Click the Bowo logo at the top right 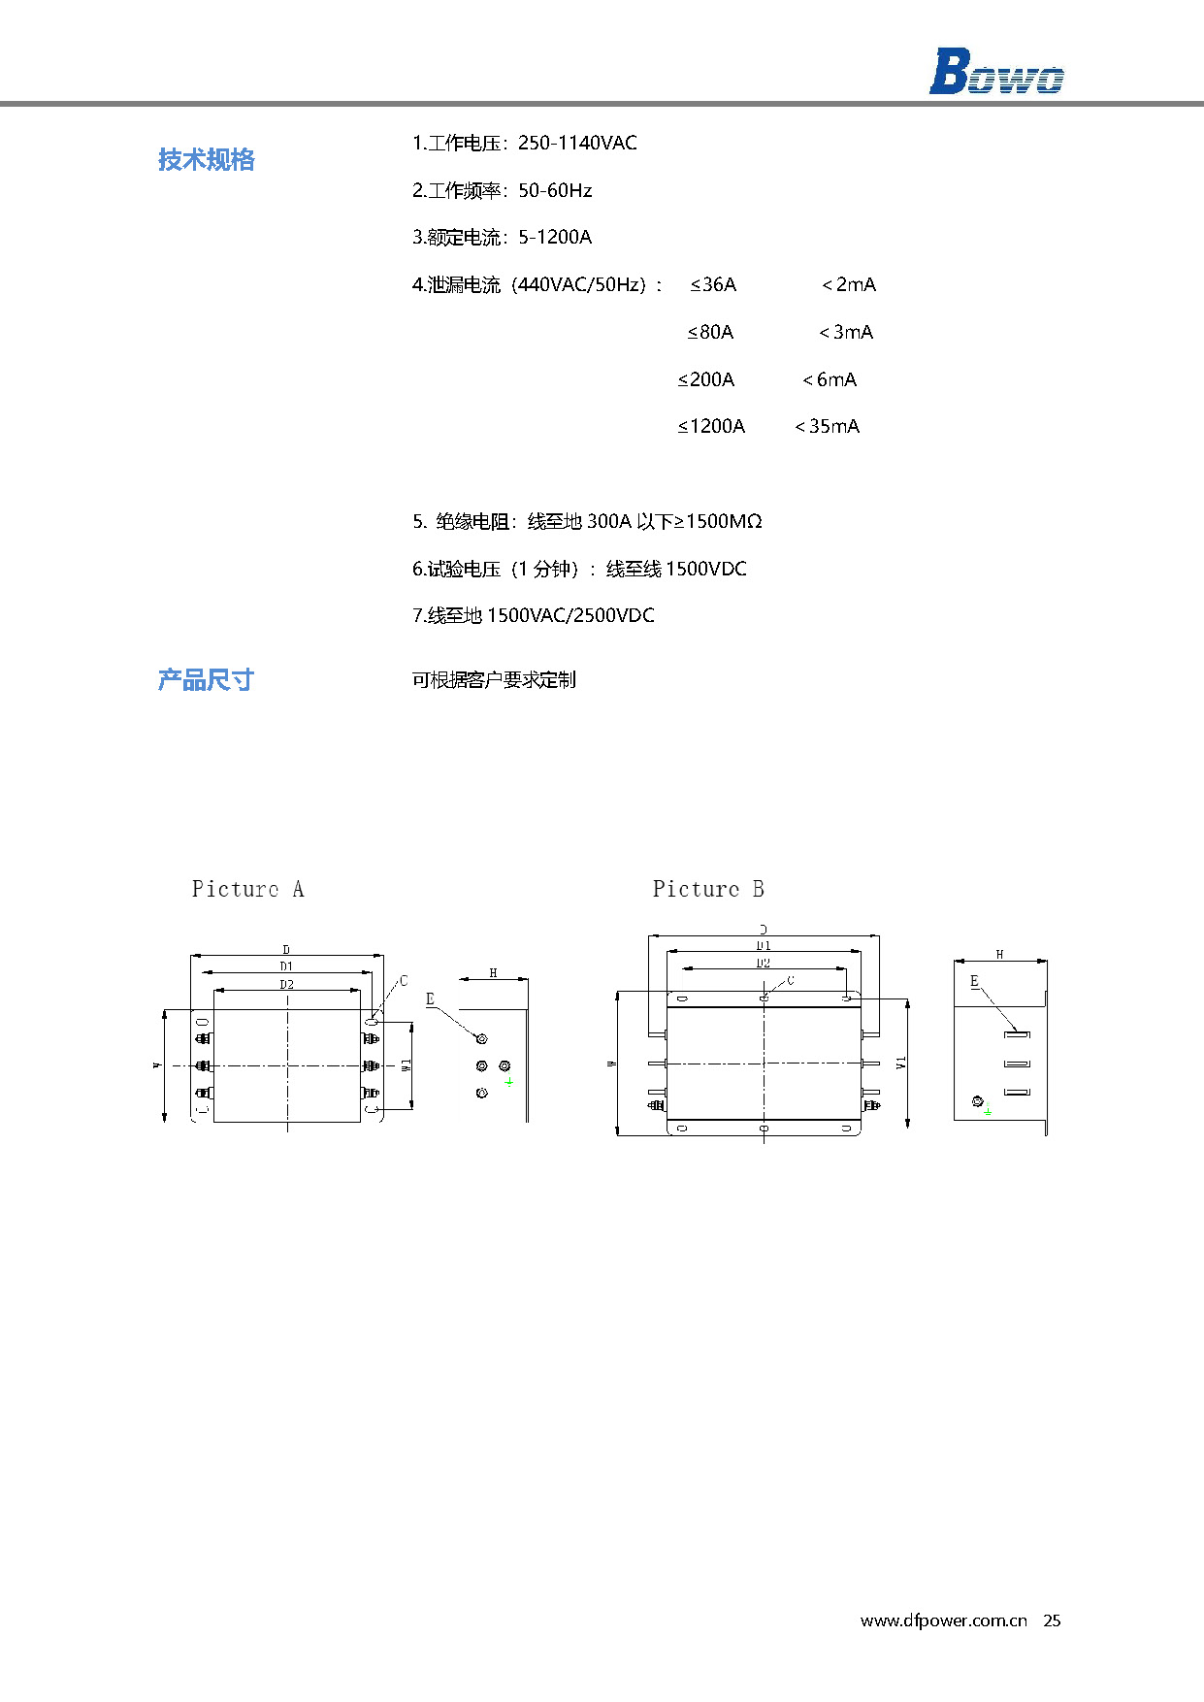tap(996, 72)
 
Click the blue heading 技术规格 tap(206, 160)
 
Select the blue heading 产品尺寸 tap(205, 680)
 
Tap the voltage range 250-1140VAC tap(577, 144)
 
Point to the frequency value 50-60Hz tap(555, 191)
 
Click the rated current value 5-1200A tap(555, 238)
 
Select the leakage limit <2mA tap(849, 285)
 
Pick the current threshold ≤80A tap(710, 333)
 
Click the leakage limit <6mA tap(830, 380)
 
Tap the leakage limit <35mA tap(827, 427)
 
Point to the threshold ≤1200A tap(711, 427)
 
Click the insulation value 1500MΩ tap(724, 522)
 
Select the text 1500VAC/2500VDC tap(570, 616)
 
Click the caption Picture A tap(247, 889)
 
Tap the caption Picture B tap(708, 889)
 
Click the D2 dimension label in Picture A tap(286, 984)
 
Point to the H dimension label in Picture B tap(999, 955)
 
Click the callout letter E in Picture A tap(431, 998)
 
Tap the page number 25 tap(1052, 1620)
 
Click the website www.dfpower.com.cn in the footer tap(943, 1620)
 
